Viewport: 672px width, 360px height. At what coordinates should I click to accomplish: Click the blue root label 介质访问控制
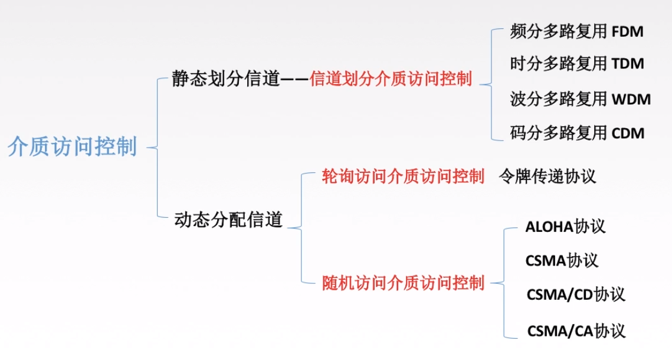pyautogui.click(x=73, y=147)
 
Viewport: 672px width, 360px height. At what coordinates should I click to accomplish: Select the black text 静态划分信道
pyautogui.click(x=225, y=79)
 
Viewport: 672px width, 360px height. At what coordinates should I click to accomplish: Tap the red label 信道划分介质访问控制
pyautogui.click(x=391, y=79)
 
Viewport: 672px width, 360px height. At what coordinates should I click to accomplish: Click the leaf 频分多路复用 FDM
pyautogui.click(x=576, y=32)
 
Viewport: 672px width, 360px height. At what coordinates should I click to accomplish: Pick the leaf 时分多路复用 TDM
pyautogui.click(x=576, y=64)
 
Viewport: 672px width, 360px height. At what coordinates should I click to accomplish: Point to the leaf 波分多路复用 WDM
pyautogui.click(x=580, y=99)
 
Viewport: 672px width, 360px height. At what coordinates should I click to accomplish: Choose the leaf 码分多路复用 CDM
pyautogui.click(x=576, y=133)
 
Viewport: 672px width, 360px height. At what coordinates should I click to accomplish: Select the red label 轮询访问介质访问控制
pyautogui.click(x=403, y=176)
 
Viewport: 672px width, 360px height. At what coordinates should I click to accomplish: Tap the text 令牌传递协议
pyautogui.click(x=547, y=176)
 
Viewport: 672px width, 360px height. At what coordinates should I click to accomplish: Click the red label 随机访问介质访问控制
pyautogui.click(x=403, y=283)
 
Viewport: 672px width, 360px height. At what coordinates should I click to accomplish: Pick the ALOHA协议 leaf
pyautogui.click(x=565, y=227)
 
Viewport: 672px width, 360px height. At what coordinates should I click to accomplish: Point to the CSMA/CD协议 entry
pyautogui.click(x=575, y=294)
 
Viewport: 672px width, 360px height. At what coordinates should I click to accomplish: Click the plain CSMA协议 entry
pyautogui.click(x=561, y=260)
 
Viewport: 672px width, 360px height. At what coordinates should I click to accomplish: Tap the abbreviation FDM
pyautogui.click(x=627, y=32)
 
